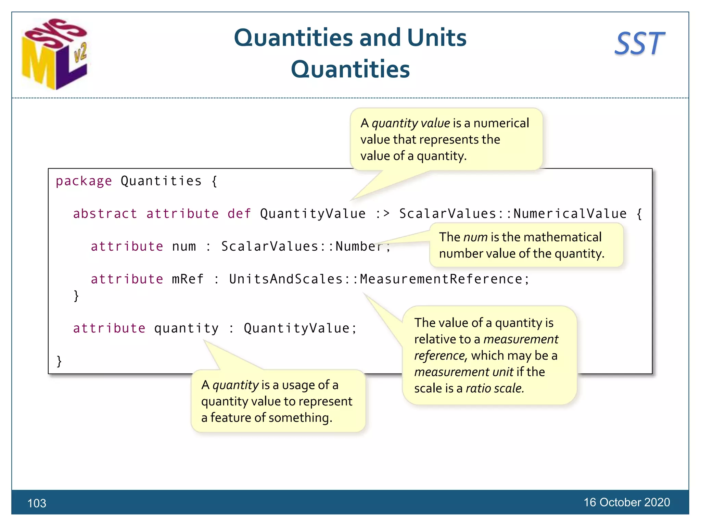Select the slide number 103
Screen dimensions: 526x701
(37, 503)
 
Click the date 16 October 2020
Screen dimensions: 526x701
(626, 502)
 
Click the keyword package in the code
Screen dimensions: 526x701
(84, 181)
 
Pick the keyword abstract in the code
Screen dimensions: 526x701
(105, 214)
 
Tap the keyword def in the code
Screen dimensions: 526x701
(239, 214)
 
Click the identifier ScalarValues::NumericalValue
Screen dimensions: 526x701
(513, 214)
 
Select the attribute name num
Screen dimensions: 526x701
(184, 246)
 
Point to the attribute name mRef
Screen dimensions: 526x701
(188, 279)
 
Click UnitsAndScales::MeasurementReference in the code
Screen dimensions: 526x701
(379, 279)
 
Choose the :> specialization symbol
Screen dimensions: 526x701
(382, 214)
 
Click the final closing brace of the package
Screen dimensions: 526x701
(59, 361)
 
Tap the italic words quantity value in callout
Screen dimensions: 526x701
(411, 123)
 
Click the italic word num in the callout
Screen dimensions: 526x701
(475, 237)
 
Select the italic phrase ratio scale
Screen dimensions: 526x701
(495, 388)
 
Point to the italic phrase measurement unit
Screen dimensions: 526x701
(464, 372)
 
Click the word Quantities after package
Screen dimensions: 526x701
(161, 181)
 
